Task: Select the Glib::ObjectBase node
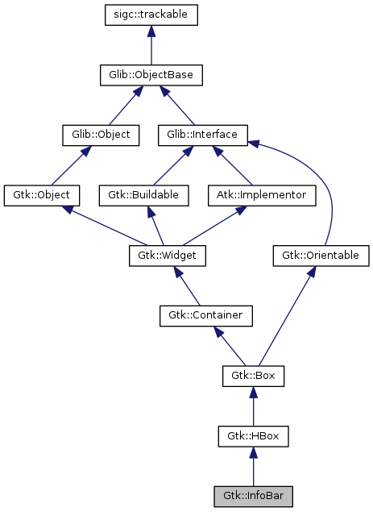coord(151,75)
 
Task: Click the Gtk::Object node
coord(42,195)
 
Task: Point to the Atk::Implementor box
coord(253,195)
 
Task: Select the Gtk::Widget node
coord(168,256)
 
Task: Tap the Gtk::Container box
coord(207,315)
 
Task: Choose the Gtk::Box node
coord(253,376)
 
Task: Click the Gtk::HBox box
coord(253,436)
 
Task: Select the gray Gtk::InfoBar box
coord(253,496)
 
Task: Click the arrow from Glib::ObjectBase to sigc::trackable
coord(151,45)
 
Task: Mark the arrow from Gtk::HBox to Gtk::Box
coord(253,406)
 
